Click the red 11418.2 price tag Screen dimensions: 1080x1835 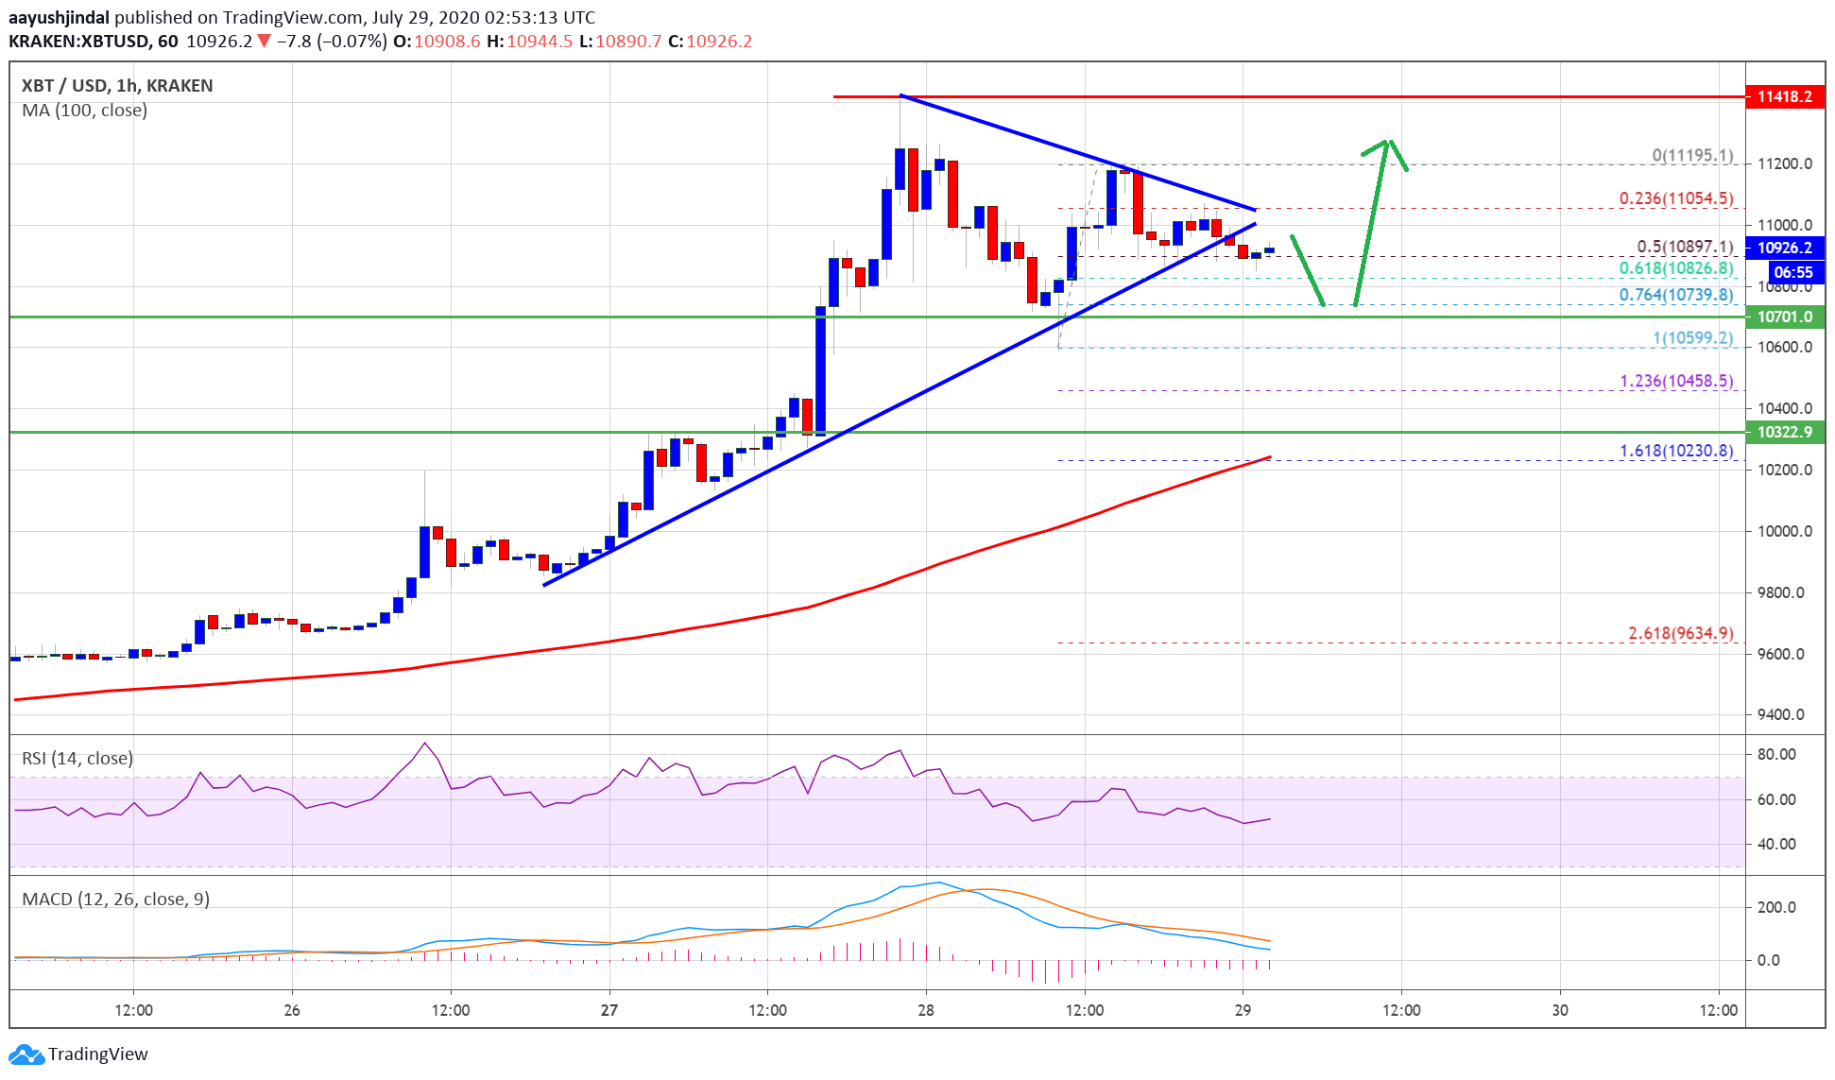point(1784,96)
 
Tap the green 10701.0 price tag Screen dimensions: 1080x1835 point(1784,317)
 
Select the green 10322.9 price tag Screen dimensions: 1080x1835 point(1784,432)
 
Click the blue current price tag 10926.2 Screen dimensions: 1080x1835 point(1784,248)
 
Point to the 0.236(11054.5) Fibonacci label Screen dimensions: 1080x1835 point(1675,198)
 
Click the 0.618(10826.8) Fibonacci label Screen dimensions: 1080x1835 point(1675,268)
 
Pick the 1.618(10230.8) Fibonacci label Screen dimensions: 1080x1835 point(1675,451)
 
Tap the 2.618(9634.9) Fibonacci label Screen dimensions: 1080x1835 point(1680,633)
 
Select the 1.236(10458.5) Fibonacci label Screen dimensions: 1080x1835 point(1675,381)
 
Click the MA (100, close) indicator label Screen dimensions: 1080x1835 point(85,111)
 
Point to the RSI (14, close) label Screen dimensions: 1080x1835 point(77,758)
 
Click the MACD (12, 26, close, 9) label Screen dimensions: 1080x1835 point(115,899)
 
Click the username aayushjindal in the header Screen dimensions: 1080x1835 point(59,17)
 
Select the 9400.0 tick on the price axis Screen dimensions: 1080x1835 point(1780,714)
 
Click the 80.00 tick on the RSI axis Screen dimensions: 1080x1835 point(1775,754)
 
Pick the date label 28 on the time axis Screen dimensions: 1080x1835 point(926,1010)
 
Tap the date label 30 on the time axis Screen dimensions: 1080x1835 point(1560,1010)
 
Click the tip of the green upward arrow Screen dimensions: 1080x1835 point(1387,141)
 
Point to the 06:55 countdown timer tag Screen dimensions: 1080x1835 point(1792,272)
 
